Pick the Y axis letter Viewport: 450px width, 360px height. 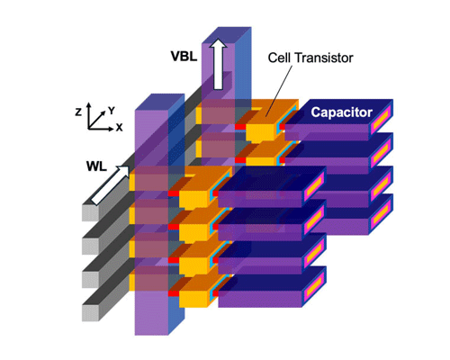tap(112, 110)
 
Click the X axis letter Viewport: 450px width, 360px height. tap(119, 128)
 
